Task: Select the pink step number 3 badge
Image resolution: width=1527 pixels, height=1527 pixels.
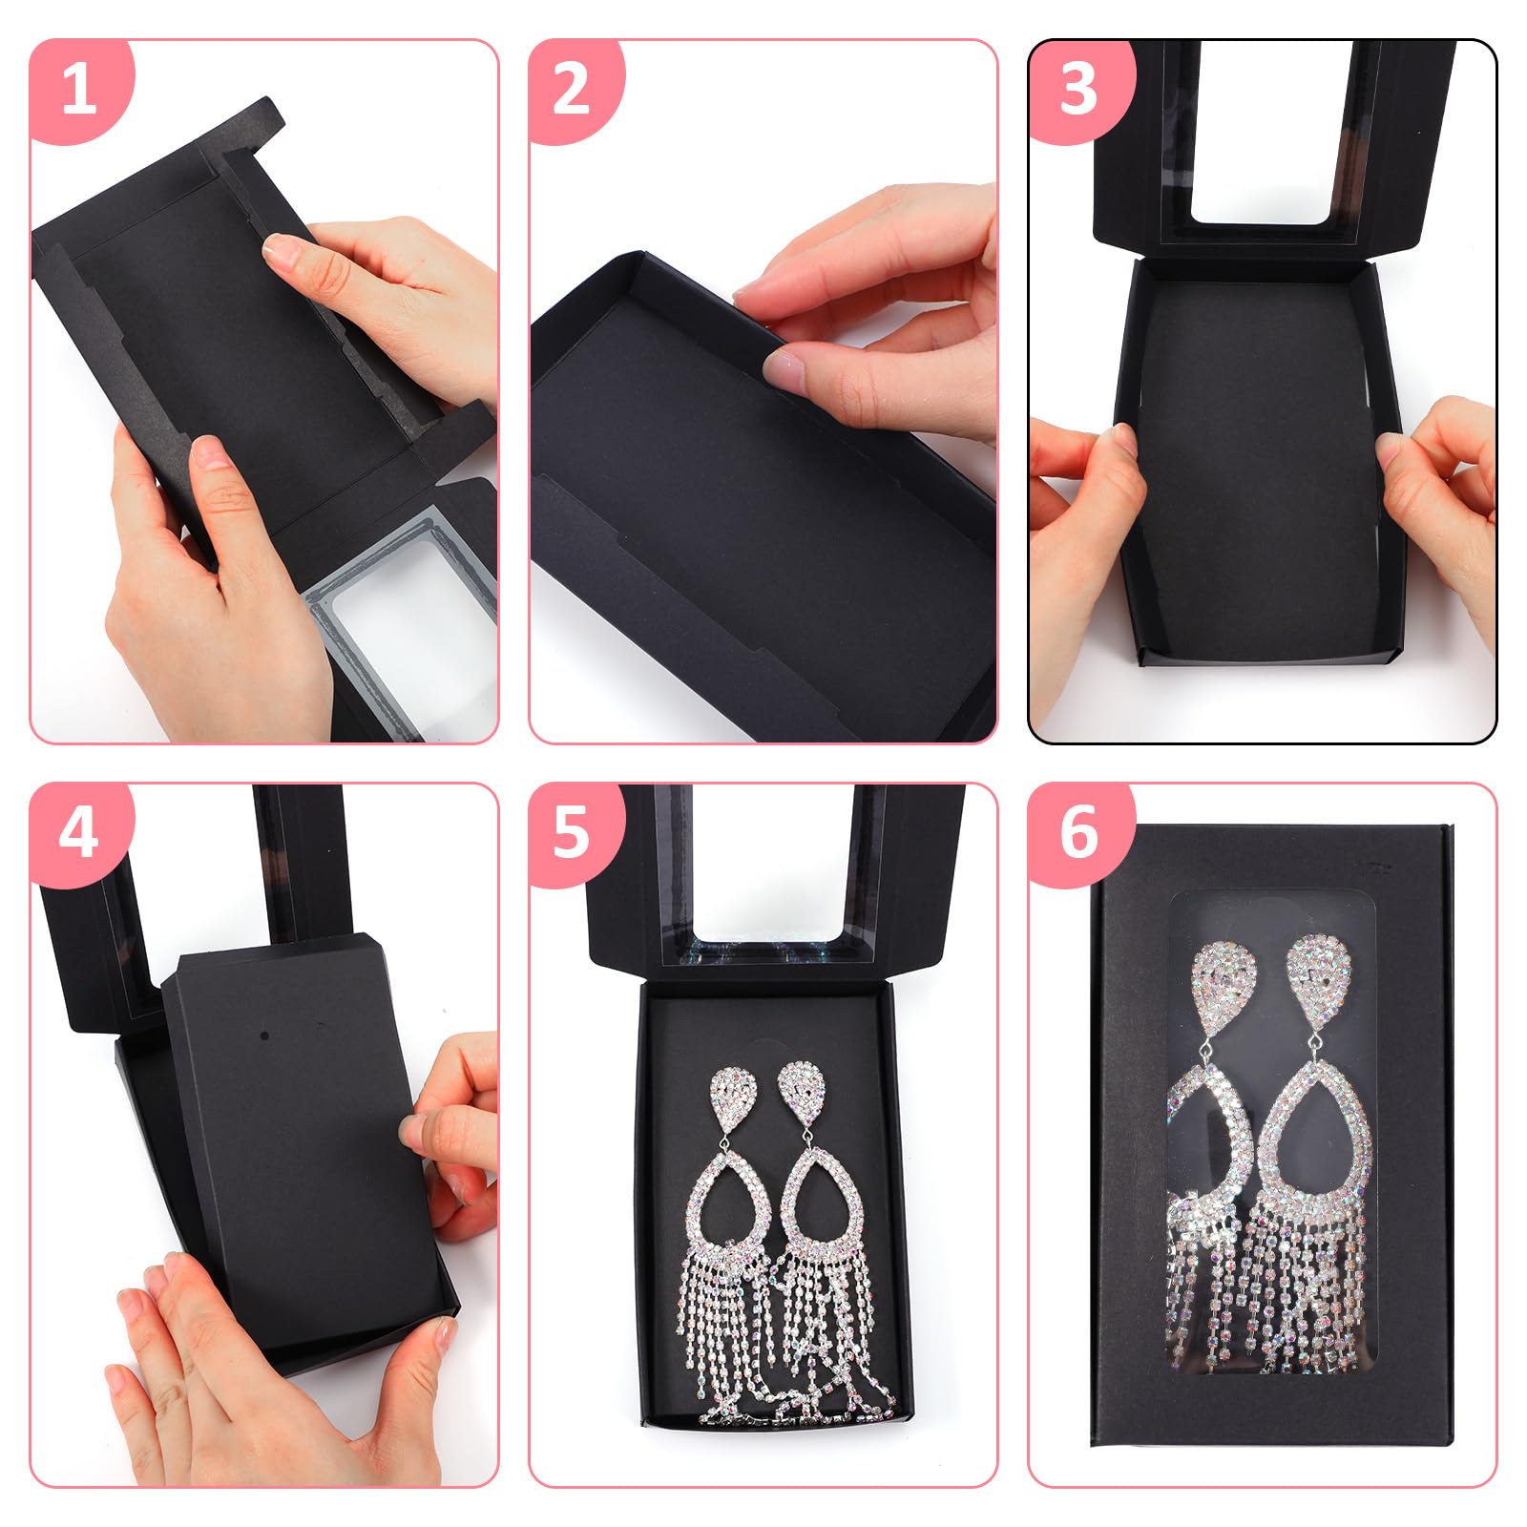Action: pyautogui.click(x=1078, y=91)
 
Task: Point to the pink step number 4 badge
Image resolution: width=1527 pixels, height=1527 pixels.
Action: pyautogui.click(x=78, y=832)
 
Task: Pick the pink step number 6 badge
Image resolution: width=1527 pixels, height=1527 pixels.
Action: pyautogui.click(x=1078, y=832)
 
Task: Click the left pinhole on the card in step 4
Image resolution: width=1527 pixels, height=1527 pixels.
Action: pyautogui.click(x=264, y=1035)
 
